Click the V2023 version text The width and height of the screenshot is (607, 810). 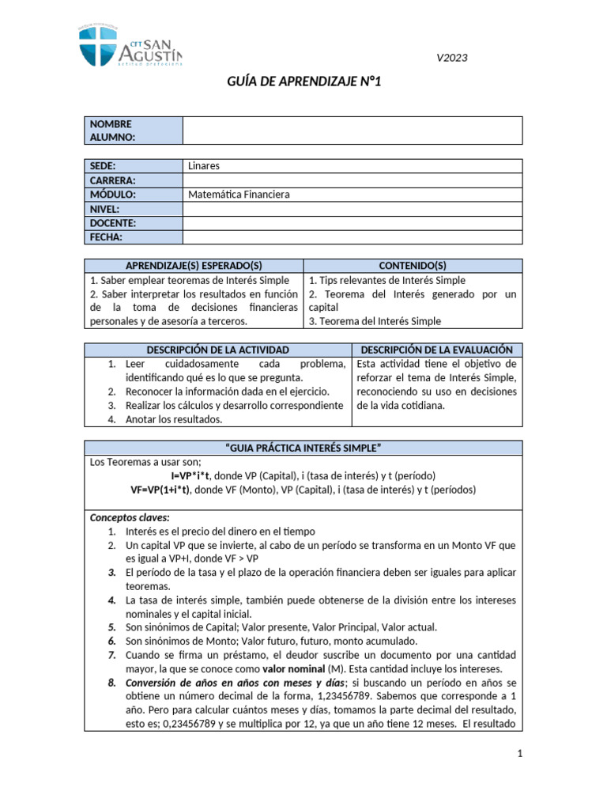pyautogui.click(x=455, y=59)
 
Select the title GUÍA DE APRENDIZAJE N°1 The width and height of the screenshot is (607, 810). pyautogui.click(x=303, y=82)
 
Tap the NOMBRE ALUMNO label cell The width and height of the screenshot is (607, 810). pyautogui.click(x=133, y=131)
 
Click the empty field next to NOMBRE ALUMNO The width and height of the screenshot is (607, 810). pyautogui.click(x=352, y=131)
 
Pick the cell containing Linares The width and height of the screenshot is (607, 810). pyautogui.click(x=352, y=166)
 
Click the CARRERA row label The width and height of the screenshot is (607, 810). pyautogui.click(x=133, y=180)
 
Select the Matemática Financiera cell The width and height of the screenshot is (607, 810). pyautogui.click(x=352, y=195)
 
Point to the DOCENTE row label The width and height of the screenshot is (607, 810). pyautogui.click(x=133, y=223)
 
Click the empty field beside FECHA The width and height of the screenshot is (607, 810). pyautogui.click(x=352, y=237)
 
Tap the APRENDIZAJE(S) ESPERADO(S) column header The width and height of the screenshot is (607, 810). pyautogui.click(x=194, y=266)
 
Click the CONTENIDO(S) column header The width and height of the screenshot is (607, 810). pyautogui.click(x=413, y=266)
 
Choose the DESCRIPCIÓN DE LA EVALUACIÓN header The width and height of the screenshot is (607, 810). pyautogui.click(x=437, y=350)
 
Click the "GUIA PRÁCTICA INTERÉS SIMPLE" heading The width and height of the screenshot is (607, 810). pyautogui.click(x=303, y=449)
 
